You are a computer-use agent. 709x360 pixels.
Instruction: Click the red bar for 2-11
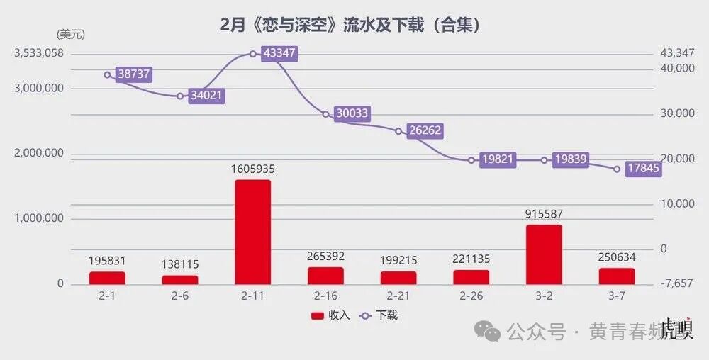click(253, 232)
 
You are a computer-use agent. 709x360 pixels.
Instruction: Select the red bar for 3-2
click(544, 254)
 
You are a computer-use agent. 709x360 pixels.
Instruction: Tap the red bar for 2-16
click(325, 275)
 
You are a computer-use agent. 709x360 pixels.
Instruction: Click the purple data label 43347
click(279, 53)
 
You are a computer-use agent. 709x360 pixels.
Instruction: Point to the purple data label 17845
click(644, 169)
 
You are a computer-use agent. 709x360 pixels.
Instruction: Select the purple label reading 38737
click(134, 74)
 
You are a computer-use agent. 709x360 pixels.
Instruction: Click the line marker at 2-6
click(180, 96)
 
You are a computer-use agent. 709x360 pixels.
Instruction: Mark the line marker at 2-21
click(398, 131)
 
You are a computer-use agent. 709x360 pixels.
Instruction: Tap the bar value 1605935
click(253, 169)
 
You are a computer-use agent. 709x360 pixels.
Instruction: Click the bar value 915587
click(544, 214)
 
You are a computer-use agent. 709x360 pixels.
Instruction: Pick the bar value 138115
click(180, 264)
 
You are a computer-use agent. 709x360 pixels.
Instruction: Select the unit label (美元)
click(71, 34)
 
